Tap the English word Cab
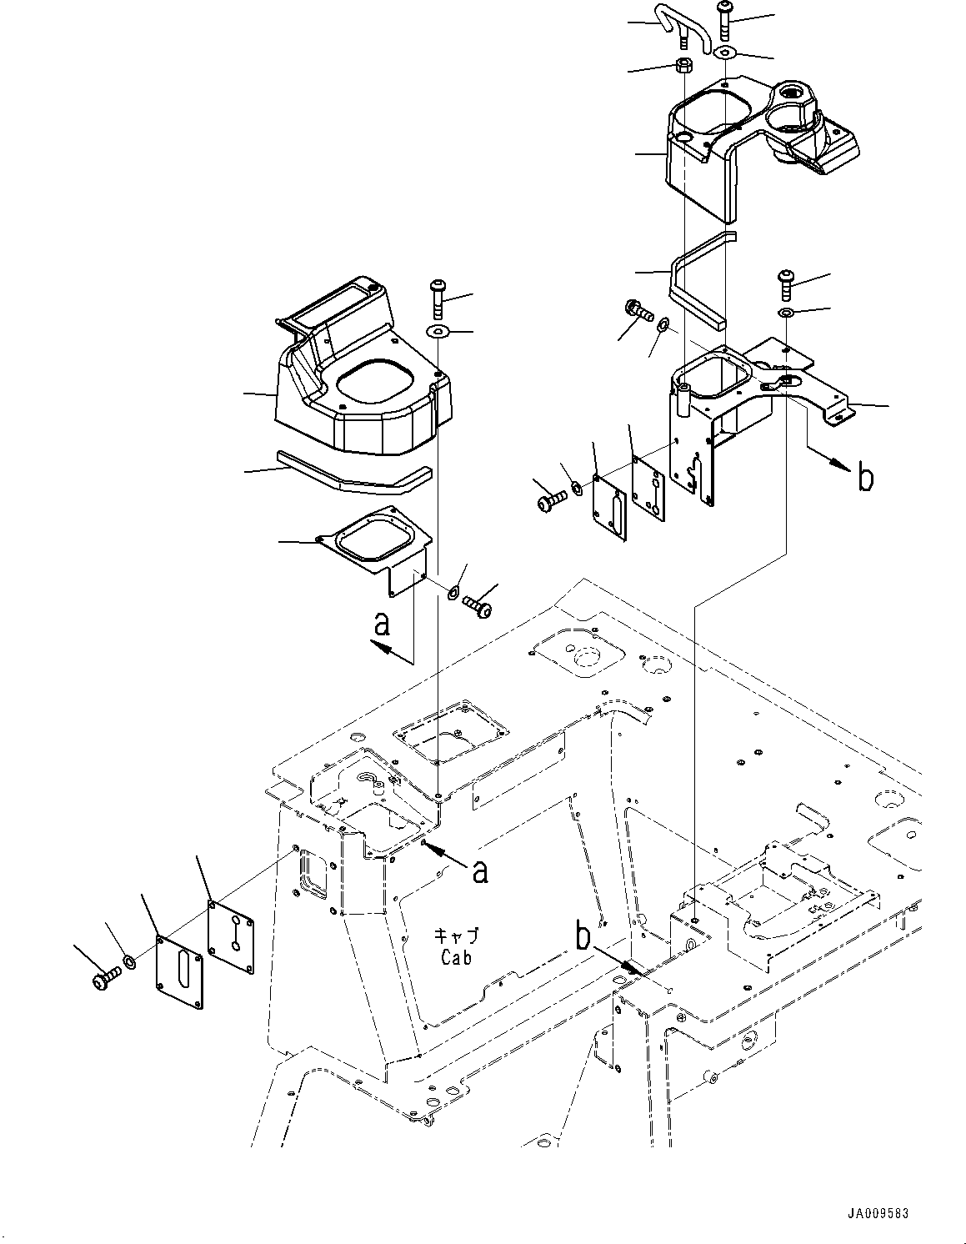(456, 958)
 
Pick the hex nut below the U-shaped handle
(682, 67)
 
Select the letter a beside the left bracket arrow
(382, 624)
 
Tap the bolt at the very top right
(723, 18)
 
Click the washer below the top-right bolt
(725, 53)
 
